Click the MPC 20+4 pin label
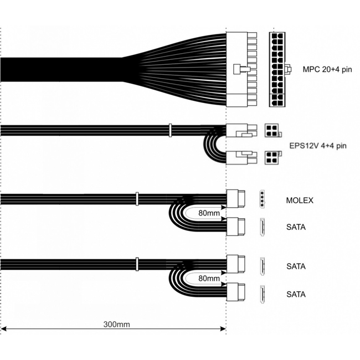pyautogui.click(x=327, y=69)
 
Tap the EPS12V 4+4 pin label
pyautogui.click(x=318, y=146)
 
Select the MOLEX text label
pyautogui.click(x=300, y=200)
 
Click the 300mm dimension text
pyautogui.click(x=116, y=325)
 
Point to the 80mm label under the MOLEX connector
pyautogui.click(x=209, y=213)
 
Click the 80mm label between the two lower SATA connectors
pyautogui.click(x=209, y=278)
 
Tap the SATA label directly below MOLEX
pyautogui.click(x=296, y=227)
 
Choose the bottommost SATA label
pyautogui.click(x=296, y=294)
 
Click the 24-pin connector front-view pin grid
pyautogui.click(x=277, y=69)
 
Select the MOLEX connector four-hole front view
pyautogui.click(x=262, y=199)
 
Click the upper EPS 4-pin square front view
pyautogui.click(x=271, y=130)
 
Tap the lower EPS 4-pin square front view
pyautogui.click(x=271, y=157)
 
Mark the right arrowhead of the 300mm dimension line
pyautogui.click(x=223, y=329)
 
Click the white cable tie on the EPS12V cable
pyautogui.click(x=170, y=130)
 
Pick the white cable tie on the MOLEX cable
pyautogui.click(x=137, y=199)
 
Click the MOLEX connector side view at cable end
pyautogui.click(x=236, y=199)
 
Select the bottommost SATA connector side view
pyautogui.click(x=236, y=292)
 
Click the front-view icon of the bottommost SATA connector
pyautogui.click(x=262, y=294)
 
